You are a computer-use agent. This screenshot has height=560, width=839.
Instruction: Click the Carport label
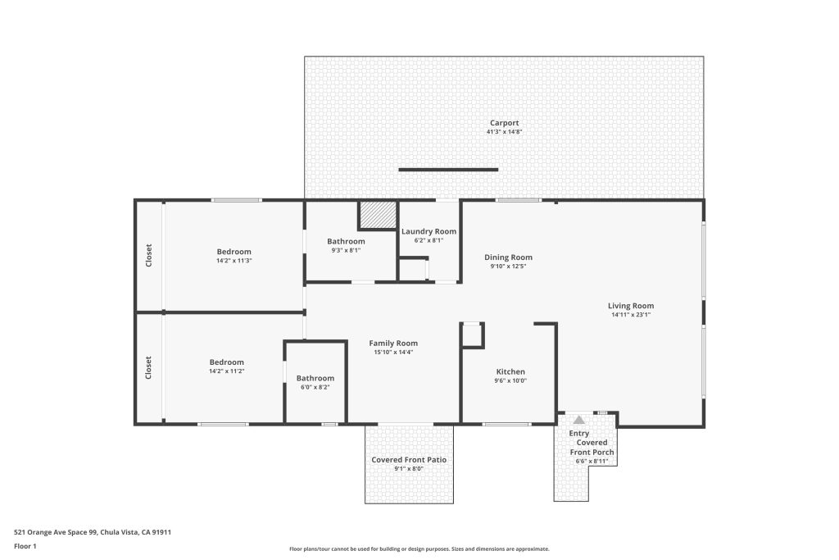[504, 123]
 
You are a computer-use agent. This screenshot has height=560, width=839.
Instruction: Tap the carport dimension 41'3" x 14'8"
[504, 132]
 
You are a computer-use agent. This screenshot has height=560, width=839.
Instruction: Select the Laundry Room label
[429, 231]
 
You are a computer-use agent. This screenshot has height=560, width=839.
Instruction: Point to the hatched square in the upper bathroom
[377, 215]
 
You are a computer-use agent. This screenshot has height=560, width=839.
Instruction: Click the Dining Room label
[508, 257]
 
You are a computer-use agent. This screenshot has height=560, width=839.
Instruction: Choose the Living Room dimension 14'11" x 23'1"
[631, 315]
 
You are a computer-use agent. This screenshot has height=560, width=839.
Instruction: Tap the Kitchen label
[510, 371]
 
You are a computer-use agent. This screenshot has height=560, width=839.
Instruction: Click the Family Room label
[393, 344]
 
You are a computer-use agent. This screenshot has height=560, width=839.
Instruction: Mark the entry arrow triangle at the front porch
[579, 420]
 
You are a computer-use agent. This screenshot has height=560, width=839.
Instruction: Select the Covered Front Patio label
[409, 460]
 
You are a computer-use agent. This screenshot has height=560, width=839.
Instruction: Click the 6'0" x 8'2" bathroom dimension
[315, 387]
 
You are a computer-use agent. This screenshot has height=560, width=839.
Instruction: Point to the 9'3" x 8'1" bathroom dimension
[347, 250]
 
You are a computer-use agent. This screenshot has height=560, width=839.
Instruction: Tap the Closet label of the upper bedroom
[149, 255]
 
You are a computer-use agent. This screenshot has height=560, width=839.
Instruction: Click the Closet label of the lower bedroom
[148, 368]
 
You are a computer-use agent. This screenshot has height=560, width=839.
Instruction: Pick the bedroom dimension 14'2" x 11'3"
[234, 261]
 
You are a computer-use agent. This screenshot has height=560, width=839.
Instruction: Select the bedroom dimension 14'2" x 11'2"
[227, 371]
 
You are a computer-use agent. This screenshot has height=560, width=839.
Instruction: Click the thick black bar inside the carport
[448, 170]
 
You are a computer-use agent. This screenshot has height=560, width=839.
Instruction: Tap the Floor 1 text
[25, 546]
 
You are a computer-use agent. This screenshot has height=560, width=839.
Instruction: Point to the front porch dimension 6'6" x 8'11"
[592, 461]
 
